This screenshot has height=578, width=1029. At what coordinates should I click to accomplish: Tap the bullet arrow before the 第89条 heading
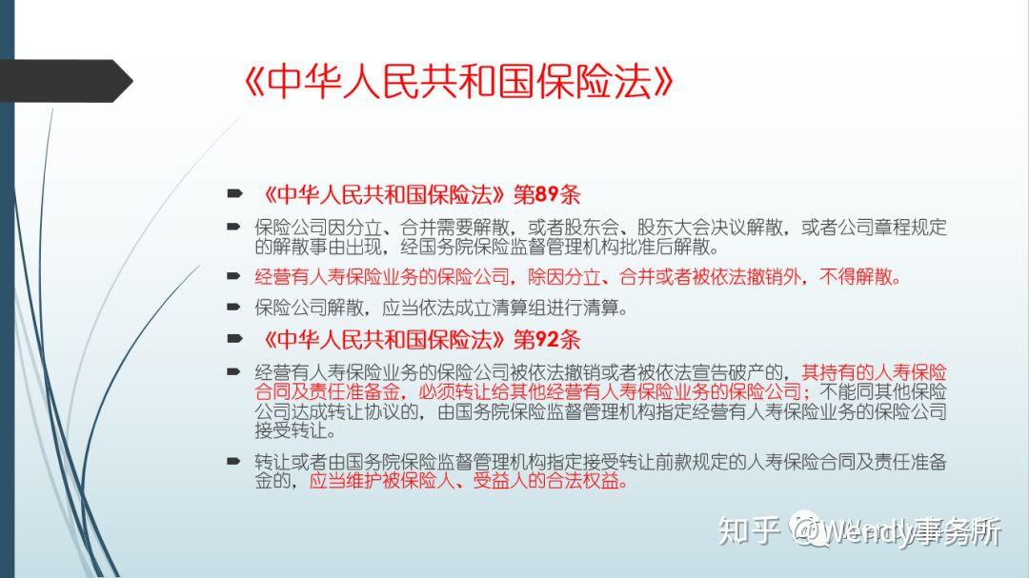click(x=234, y=194)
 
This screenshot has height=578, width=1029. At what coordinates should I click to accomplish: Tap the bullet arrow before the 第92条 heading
click(x=234, y=339)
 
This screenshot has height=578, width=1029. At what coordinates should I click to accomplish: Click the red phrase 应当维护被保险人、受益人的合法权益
click(x=468, y=481)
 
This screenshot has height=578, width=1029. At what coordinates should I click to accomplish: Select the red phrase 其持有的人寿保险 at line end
click(x=874, y=372)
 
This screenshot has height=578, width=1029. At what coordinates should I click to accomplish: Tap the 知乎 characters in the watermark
click(x=750, y=531)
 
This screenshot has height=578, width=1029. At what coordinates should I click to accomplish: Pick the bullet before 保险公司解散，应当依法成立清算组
click(x=234, y=308)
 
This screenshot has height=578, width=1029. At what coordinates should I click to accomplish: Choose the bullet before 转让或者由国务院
click(x=234, y=462)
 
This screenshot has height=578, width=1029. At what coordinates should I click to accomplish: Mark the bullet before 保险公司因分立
click(x=234, y=228)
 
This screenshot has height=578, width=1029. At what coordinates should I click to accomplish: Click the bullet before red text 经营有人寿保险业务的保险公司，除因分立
click(x=234, y=277)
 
